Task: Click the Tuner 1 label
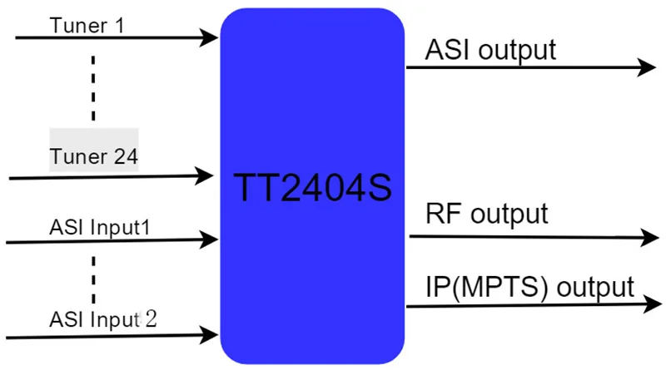87,26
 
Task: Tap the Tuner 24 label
94,156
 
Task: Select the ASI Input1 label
100,228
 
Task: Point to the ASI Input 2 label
103,319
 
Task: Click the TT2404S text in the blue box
313,187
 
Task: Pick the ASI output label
490,51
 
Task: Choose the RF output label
487,214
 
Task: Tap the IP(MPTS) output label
530,287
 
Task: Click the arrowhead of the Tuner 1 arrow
209,37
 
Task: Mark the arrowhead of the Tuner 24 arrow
204,175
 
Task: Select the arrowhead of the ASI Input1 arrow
209,239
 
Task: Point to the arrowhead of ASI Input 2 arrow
209,335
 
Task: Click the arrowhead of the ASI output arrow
647,67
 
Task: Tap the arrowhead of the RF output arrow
650,238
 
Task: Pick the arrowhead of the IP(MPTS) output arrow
653,303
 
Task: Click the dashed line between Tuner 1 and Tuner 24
93,88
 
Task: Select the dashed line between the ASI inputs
93,280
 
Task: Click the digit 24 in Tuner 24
127,156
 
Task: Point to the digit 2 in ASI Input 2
152,319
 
